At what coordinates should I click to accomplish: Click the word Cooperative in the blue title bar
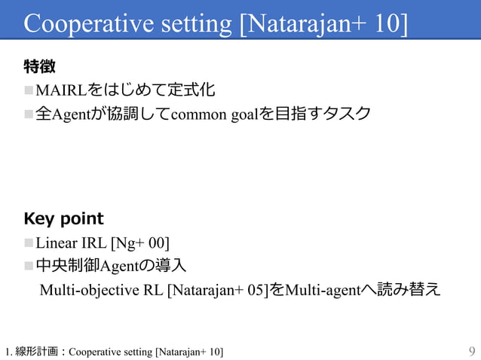(x=88, y=24)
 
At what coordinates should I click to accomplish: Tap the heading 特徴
(x=39, y=68)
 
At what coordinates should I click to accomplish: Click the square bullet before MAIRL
(x=29, y=92)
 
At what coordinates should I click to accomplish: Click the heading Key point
(x=64, y=219)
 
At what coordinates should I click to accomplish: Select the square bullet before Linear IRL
(x=29, y=243)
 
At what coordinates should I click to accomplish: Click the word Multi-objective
(x=90, y=289)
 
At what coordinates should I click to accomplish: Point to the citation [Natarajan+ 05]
(x=217, y=289)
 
